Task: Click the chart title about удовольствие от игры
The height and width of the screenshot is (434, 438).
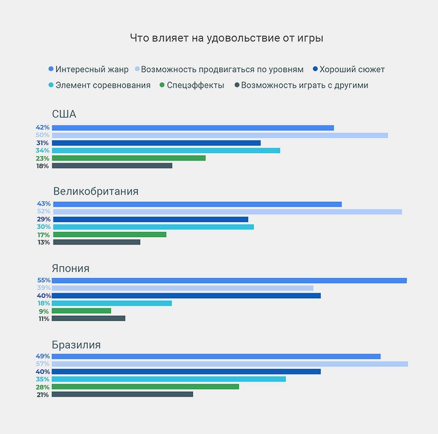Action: click(x=226, y=38)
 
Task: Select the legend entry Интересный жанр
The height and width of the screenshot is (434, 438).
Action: click(x=92, y=69)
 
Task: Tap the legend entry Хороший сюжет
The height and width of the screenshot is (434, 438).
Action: click(x=352, y=69)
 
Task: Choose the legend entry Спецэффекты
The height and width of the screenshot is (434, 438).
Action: click(x=195, y=85)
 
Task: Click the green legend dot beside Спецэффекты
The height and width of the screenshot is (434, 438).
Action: click(x=162, y=85)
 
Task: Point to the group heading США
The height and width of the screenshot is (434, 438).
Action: click(x=64, y=114)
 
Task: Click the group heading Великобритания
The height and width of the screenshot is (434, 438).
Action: click(x=96, y=191)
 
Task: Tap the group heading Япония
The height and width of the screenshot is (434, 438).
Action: click(x=71, y=268)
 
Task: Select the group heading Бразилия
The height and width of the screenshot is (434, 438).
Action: click(x=76, y=345)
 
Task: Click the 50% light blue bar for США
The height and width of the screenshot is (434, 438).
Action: click(x=220, y=135)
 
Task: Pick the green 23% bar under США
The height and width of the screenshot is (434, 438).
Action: click(x=129, y=158)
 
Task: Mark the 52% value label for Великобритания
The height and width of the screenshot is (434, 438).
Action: click(x=44, y=211)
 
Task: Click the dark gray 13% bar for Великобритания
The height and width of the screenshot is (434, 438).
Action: click(x=97, y=242)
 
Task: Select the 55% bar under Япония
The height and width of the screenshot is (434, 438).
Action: click(x=229, y=281)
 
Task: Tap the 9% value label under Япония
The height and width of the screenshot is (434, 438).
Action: click(x=44, y=311)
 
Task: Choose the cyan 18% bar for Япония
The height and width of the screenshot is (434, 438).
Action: click(x=111, y=303)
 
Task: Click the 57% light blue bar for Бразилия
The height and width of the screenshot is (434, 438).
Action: click(x=230, y=364)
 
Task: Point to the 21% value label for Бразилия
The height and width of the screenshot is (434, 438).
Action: click(x=43, y=395)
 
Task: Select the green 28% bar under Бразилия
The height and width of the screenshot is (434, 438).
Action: click(x=145, y=387)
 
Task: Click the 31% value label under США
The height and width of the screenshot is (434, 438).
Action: click(x=42, y=143)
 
